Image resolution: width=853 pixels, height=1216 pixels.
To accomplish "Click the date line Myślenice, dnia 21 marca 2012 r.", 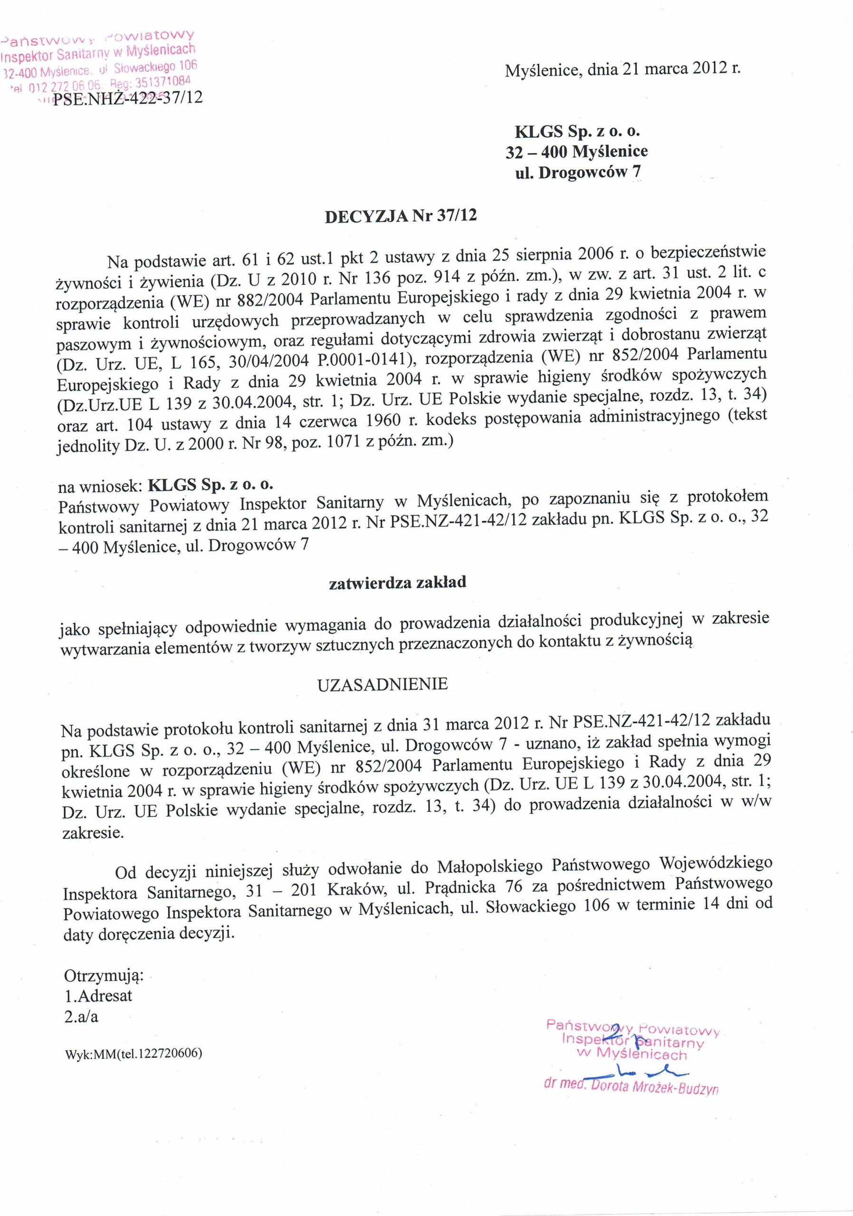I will pos(623,70).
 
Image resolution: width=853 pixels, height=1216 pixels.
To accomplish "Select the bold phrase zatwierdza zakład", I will pos(397,582).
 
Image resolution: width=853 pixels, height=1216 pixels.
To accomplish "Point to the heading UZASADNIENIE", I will pos(383,684).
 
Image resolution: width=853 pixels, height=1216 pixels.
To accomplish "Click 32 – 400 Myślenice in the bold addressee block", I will pos(576,152).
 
